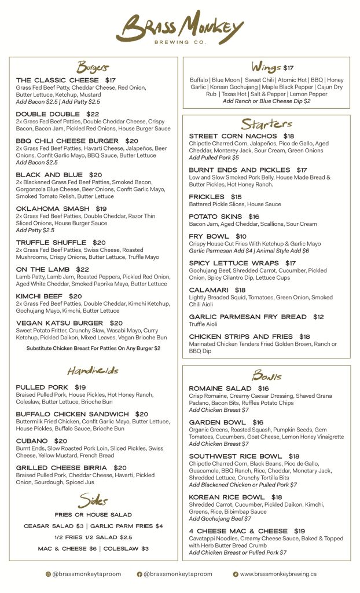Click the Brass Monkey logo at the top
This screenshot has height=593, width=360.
(x=179, y=27)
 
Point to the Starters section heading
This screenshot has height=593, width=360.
(x=267, y=124)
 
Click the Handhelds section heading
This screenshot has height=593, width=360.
(x=93, y=370)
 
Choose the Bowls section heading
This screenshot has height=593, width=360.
(x=267, y=375)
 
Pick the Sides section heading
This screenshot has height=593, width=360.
(x=93, y=500)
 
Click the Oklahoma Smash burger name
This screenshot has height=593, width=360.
(x=53, y=208)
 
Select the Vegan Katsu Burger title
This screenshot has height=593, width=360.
(x=60, y=323)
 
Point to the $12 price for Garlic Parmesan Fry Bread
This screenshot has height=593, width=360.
(x=318, y=317)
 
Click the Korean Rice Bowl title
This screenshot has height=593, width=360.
(x=227, y=497)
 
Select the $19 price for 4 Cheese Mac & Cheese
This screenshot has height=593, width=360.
(x=299, y=531)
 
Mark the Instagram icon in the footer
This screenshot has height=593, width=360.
(x=48, y=574)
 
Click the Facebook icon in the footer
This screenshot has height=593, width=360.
(x=139, y=574)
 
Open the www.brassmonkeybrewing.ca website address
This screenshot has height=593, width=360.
(x=278, y=574)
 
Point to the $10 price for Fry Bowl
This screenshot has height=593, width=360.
(x=241, y=236)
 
